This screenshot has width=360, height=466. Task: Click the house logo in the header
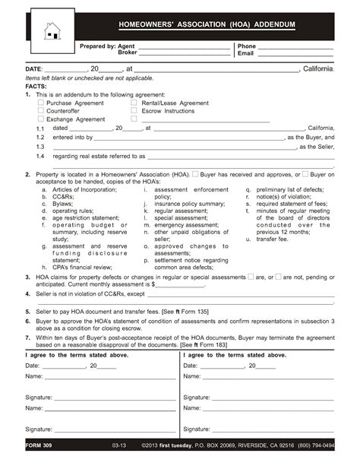coord(52,31)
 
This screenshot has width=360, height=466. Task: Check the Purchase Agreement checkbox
coord(41,103)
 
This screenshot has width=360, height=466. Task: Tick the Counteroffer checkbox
coord(41,111)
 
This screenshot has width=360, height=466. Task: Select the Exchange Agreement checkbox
coord(41,119)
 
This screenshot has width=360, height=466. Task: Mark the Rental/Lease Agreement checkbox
coord(134,103)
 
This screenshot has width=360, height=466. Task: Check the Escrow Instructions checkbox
coord(134,111)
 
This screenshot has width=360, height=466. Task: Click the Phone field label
coord(248,46)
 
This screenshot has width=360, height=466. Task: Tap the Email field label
coord(246,54)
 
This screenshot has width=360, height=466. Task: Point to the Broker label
coord(128,54)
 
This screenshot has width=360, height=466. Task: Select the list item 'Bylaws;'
coord(62,204)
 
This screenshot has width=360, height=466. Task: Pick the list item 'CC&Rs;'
coord(63,196)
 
